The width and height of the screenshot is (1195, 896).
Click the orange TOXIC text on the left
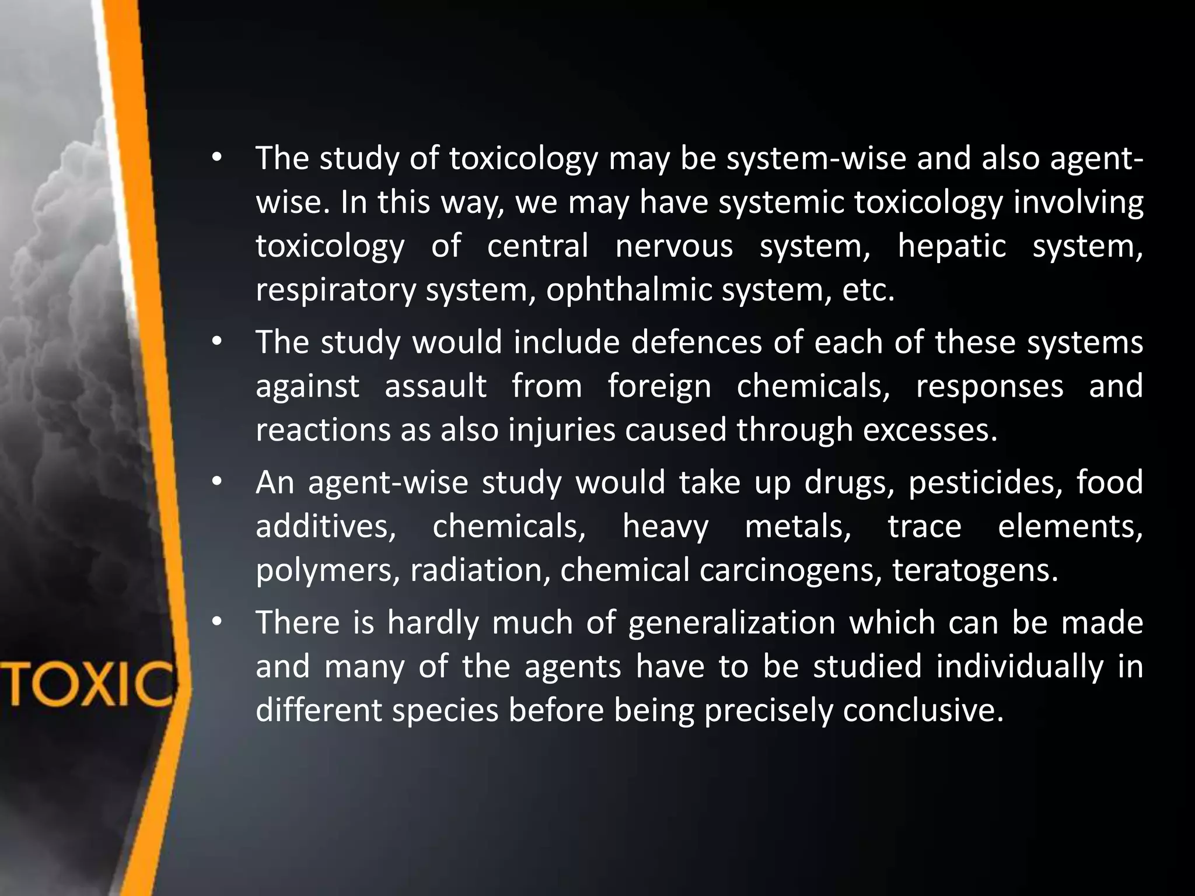coord(88,684)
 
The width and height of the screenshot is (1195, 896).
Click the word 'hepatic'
coord(952,246)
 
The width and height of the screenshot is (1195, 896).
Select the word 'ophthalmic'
coord(629,290)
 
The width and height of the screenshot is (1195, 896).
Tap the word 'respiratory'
coord(335,290)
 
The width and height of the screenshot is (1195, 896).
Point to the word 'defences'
coord(696,342)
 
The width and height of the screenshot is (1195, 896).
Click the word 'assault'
coord(435,386)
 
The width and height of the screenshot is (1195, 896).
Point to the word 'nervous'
coord(674,246)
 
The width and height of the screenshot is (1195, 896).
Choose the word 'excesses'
coord(930,430)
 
